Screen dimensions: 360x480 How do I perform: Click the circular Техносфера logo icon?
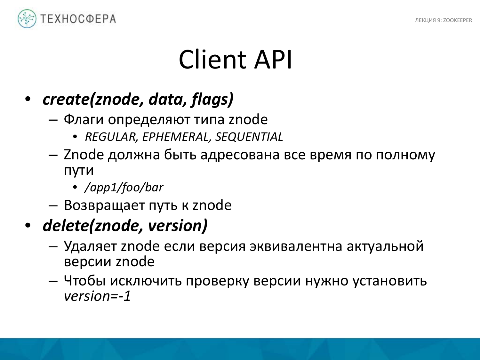pyautogui.click(x=27, y=19)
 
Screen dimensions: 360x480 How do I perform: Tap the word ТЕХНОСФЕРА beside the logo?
pyautogui.click(x=78, y=19)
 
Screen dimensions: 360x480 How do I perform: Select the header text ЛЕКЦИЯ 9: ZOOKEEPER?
pyautogui.click(x=443, y=20)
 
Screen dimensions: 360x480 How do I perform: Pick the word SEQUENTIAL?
pyautogui.click(x=249, y=137)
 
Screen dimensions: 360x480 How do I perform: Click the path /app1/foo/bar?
pyautogui.click(x=124, y=188)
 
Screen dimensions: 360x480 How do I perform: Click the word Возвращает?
pyautogui.click(x=104, y=205)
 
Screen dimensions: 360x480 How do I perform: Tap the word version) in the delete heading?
pyautogui.click(x=178, y=226)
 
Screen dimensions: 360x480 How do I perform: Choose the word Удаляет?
pyautogui.click(x=90, y=246)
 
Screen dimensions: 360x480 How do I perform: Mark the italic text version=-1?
pyautogui.click(x=98, y=296)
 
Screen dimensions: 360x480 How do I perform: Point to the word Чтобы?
pyautogui.click(x=85, y=281)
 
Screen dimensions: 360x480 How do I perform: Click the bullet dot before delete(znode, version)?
pyautogui.click(x=28, y=226)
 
